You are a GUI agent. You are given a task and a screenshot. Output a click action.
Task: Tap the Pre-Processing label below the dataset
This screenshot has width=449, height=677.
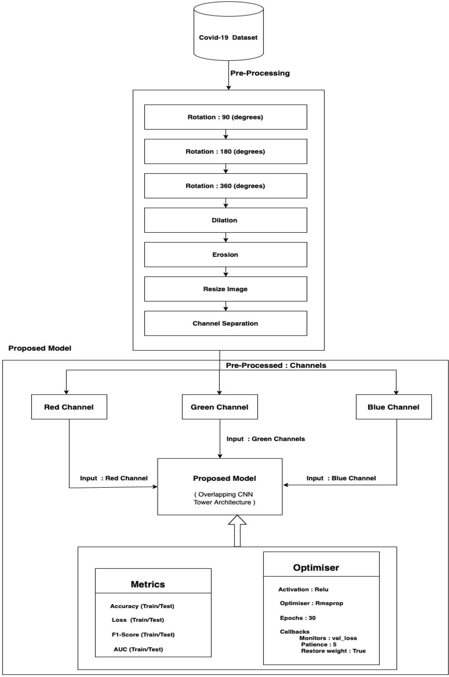[260, 73]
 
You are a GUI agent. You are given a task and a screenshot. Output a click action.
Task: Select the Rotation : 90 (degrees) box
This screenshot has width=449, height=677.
[226, 117]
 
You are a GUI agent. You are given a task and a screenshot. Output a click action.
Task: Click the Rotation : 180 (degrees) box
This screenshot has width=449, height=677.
[226, 151]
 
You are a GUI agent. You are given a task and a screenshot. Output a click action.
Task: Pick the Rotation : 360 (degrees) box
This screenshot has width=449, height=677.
[226, 186]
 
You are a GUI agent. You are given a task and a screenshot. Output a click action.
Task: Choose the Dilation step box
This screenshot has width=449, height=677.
[226, 220]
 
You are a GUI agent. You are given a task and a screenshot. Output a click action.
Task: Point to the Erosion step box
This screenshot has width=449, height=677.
[226, 255]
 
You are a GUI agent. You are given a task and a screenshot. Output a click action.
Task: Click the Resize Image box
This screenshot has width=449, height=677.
[226, 289]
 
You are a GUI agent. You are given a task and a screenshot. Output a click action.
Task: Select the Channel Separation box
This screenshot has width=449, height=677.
[226, 323]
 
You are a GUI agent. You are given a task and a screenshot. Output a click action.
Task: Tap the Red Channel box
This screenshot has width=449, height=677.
[69, 407]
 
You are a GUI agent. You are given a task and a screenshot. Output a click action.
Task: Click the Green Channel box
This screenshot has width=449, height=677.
[220, 407]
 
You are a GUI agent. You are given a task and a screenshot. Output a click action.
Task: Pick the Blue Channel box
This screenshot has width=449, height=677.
[393, 407]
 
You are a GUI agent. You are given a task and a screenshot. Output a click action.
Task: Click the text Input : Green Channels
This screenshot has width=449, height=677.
[266, 439]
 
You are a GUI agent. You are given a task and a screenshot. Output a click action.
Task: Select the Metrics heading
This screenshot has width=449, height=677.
[148, 584]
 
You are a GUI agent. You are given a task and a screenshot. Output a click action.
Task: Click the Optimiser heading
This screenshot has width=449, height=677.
[316, 568]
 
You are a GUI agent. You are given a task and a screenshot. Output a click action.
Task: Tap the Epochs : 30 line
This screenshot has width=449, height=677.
[298, 618]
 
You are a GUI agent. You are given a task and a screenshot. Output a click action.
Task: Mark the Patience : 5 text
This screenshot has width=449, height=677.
[319, 644]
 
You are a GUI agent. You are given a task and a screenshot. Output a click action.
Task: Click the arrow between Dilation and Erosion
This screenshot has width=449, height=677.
[226, 237]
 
